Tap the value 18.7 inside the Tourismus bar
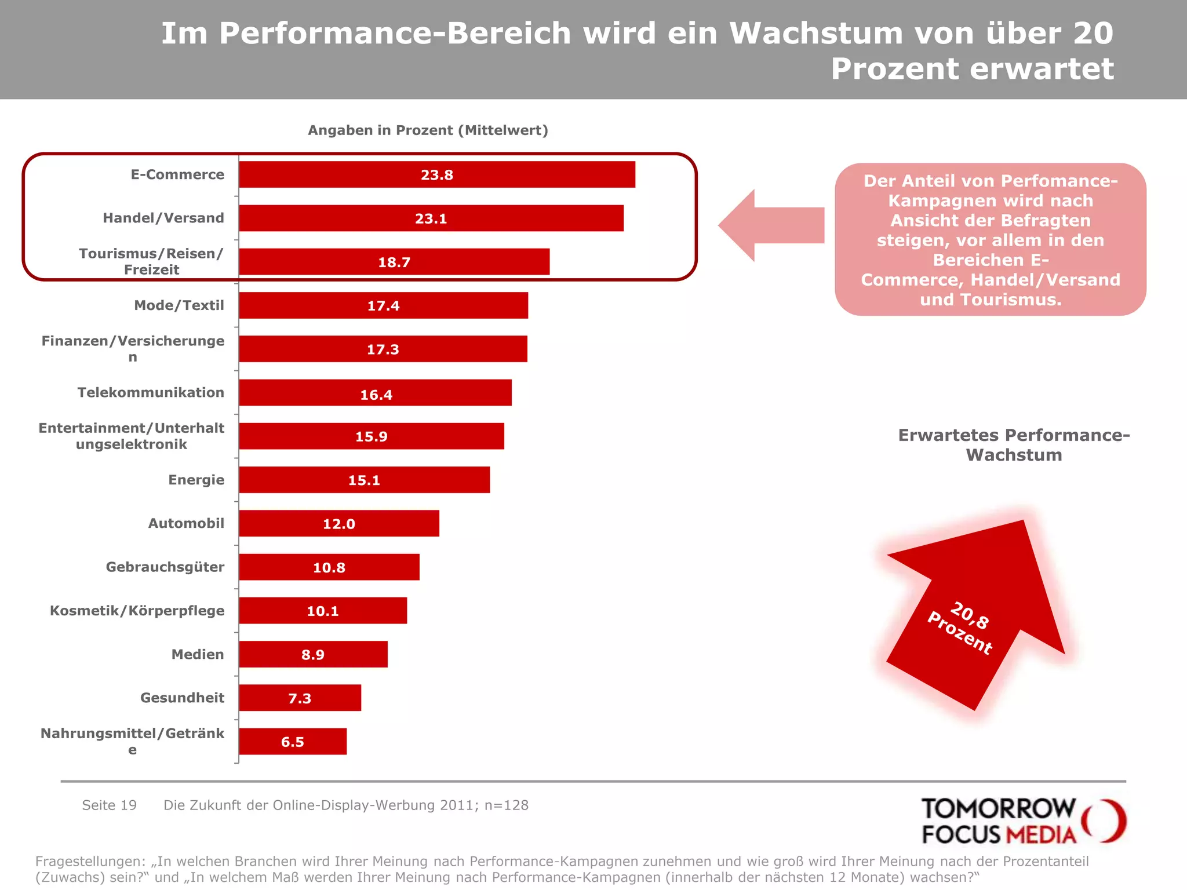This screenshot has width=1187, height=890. tap(394, 262)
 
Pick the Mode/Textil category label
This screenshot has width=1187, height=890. tap(179, 305)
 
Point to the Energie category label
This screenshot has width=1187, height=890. tap(196, 480)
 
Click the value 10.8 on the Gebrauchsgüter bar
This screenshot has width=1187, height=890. tap(329, 568)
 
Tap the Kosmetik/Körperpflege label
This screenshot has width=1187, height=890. tap(137, 611)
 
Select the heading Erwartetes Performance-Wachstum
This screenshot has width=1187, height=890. tap(1014, 445)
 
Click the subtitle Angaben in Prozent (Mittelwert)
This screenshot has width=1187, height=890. tap(428, 130)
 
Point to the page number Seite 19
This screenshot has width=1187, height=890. tap(109, 805)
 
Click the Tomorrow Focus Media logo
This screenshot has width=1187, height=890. tap(1023, 820)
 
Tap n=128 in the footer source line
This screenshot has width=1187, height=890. tap(506, 805)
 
